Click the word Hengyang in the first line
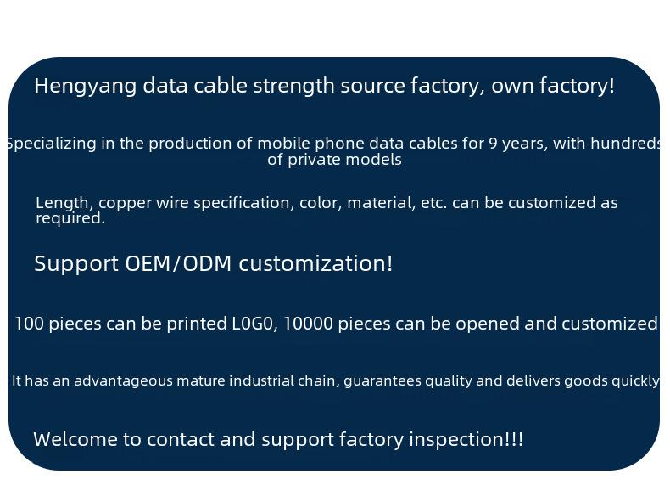click(86, 86)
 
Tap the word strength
click(294, 86)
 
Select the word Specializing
click(52, 144)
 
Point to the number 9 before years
click(493, 144)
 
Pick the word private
click(314, 160)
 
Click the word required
click(70, 218)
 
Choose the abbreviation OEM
click(148, 263)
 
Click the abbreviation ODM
click(207, 263)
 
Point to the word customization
click(315, 263)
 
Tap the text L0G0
click(254, 324)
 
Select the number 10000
click(308, 324)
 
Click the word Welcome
click(75, 440)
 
